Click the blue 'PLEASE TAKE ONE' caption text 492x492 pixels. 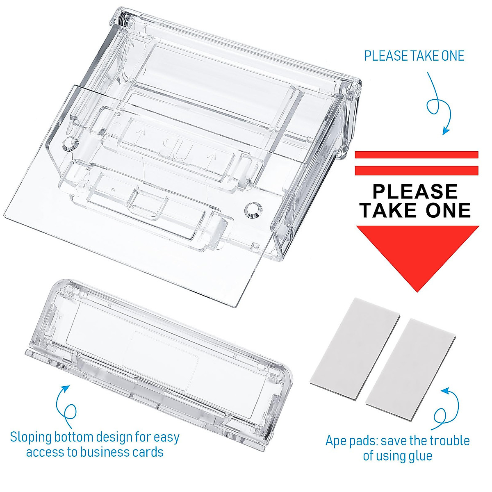point(414,56)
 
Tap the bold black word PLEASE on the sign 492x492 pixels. point(415,191)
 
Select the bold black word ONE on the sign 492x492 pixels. point(448,210)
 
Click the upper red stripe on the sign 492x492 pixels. point(416,155)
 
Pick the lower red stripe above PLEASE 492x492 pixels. point(416,169)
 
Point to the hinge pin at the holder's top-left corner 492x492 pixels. point(122,18)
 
